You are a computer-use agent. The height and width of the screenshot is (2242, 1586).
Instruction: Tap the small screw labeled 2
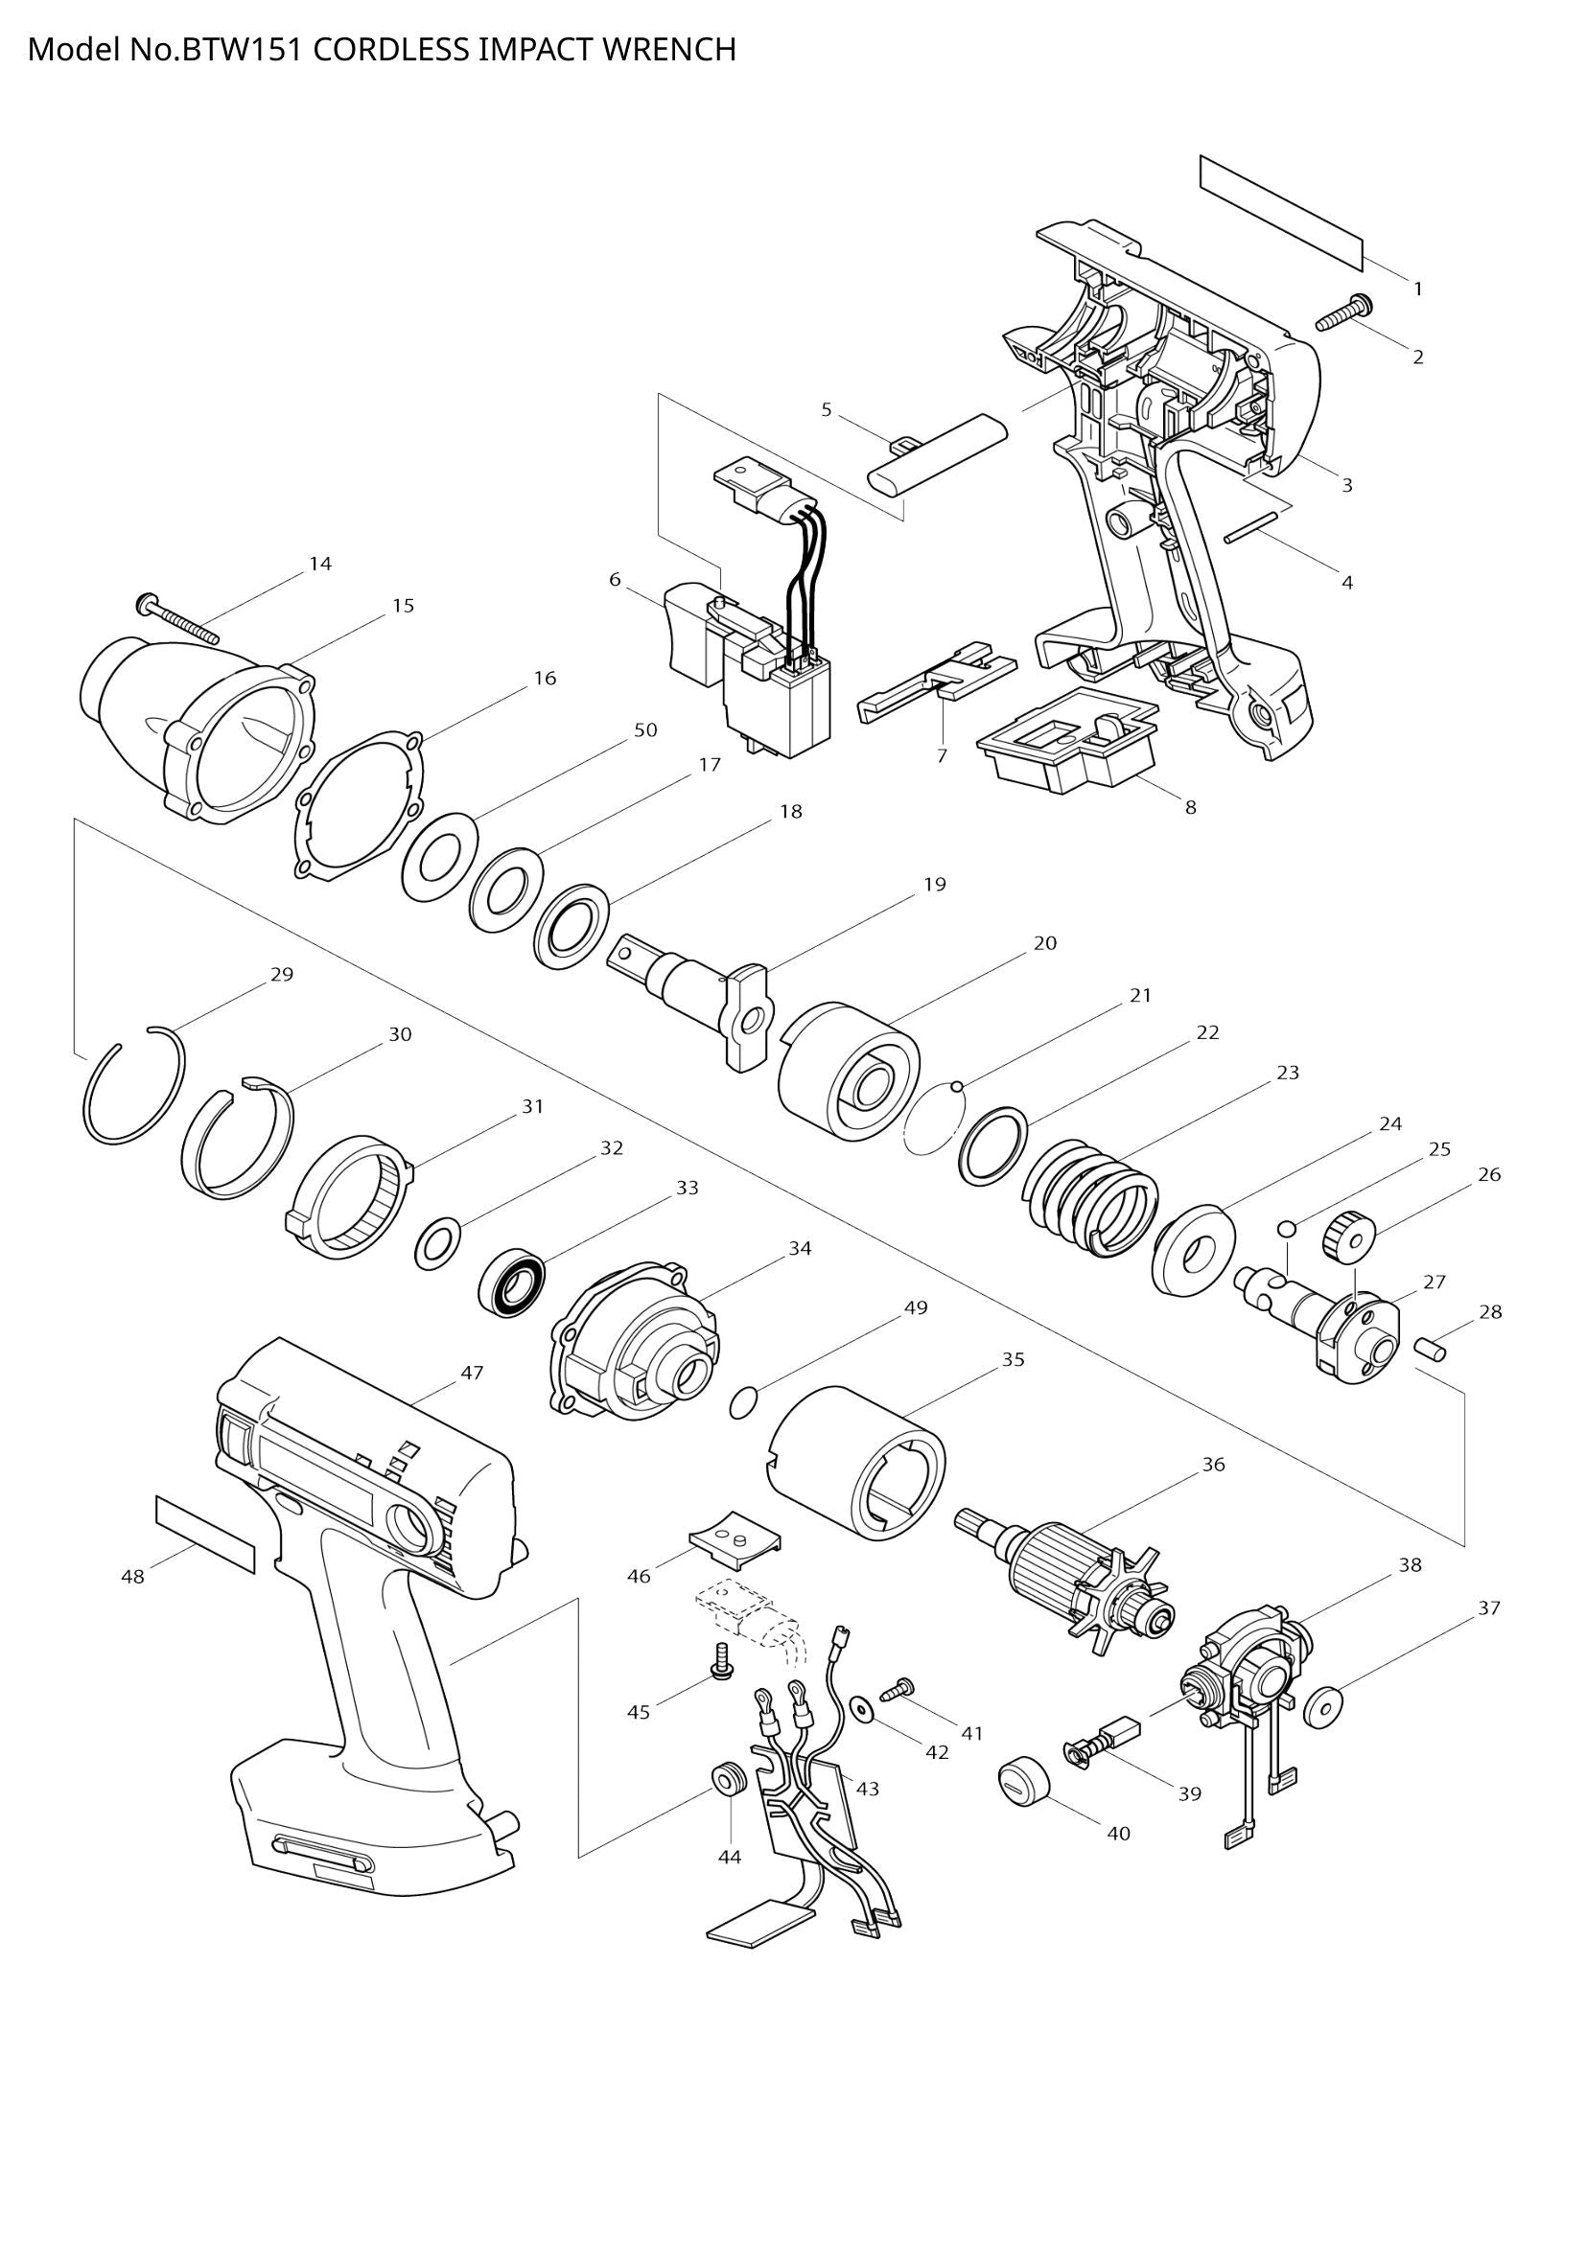pos(1343,314)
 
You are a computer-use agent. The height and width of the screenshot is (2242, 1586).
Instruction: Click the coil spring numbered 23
pos(1091,1197)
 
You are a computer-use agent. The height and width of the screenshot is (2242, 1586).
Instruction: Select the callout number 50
pos(645,729)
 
